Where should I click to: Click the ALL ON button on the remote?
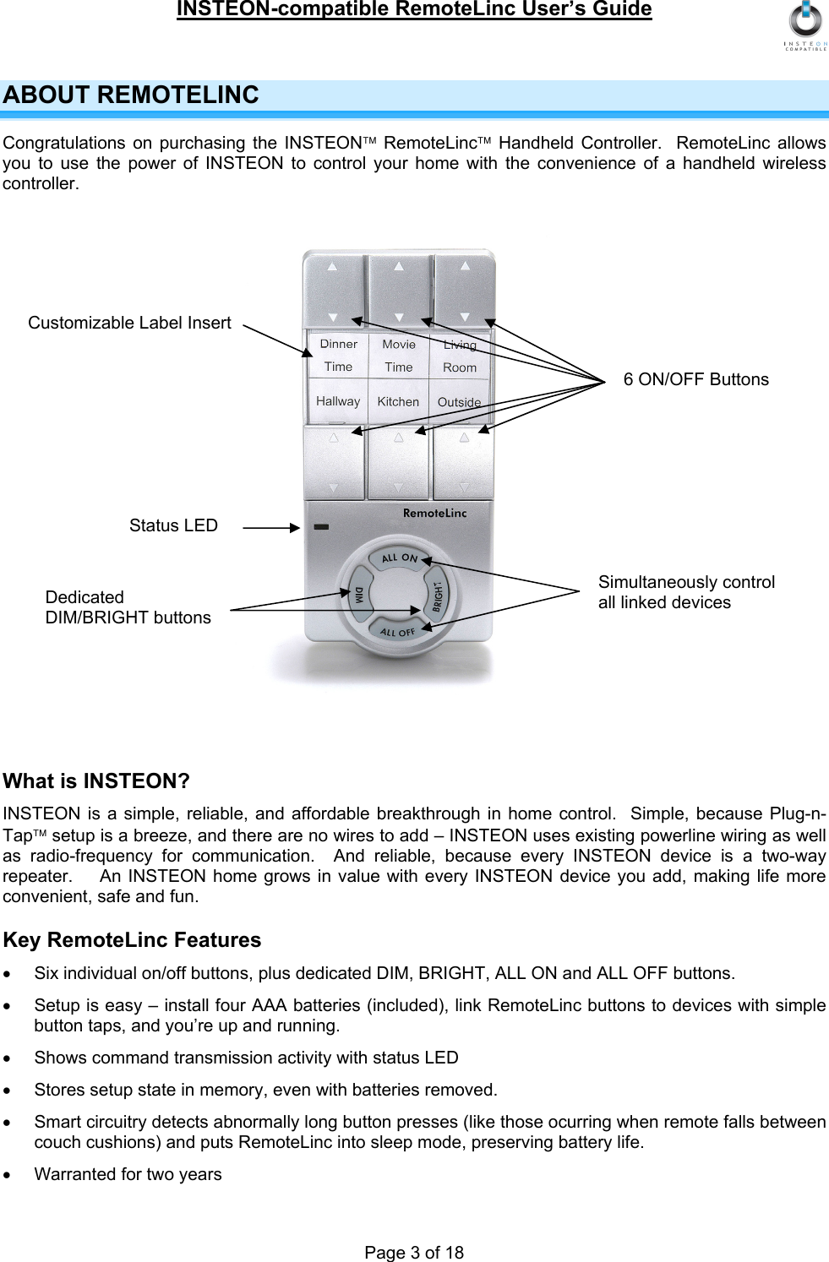pyautogui.click(x=399, y=558)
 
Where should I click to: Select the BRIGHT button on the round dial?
pyautogui.click(x=438, y=596)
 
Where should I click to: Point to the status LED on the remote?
pyautogui.click(x=321, y=526)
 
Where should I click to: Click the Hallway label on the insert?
pyautogui.click(x=338, y=401)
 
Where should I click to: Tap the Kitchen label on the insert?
pyautogui.click(x=398, y=402)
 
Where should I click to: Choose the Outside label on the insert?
pyautogui.click(x=459, y=402)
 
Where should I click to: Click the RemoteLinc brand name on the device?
pyautogui.click(x=434, y=513)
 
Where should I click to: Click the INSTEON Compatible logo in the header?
pyautogui.click(x=805, y=25)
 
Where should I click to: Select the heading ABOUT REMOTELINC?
pyautogui.click(x=131, y=95)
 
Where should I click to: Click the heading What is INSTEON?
pyautogui.click(x=96, y=781)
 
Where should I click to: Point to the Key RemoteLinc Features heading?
pyautogui.click(x=132, y=940)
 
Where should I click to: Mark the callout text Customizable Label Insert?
pyautogui.click(x=129, y=323)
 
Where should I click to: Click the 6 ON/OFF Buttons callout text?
pyautogui.click(x=695, y=379)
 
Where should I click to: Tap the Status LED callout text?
pyautogui.click(x=173, y=525)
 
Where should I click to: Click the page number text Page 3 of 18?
pyautogui.click(x=414, y=1252)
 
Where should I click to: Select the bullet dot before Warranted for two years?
pyautogui.click(x=8, y=1175)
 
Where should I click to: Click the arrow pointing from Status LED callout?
pyautogui.click(x=271, y=527)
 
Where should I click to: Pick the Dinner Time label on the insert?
pyautogui.click(x=338, y=355)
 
